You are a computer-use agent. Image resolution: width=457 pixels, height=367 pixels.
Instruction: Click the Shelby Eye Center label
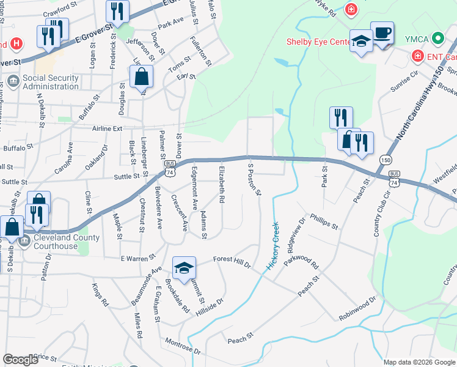[x=318, y=42]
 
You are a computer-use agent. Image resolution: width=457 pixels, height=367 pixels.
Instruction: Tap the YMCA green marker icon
[x=437, y=39]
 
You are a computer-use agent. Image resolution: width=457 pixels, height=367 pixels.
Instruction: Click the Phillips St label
[x=324, y=221]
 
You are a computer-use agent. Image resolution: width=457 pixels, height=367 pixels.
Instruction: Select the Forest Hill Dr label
[x=232, y=262]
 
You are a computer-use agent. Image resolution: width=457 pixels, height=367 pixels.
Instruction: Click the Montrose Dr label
[x=183, y=346]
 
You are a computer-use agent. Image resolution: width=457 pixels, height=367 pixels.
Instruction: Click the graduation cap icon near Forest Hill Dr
[x=184, y=267]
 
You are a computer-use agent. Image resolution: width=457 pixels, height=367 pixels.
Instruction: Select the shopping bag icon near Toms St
[x=141, y=76]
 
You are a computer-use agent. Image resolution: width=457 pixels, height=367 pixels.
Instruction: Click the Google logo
[x=20, y=360]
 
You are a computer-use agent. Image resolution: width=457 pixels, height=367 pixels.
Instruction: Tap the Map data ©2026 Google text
[x=419, y=362]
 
